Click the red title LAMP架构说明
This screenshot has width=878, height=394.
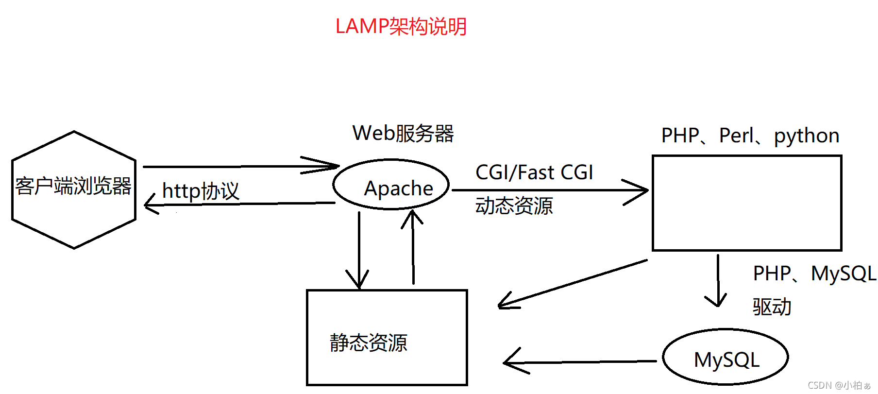[401, 26]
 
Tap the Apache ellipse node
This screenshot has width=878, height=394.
[391, 185]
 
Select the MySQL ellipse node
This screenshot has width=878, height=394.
[726, 358]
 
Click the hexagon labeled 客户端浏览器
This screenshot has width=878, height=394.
[74, 189]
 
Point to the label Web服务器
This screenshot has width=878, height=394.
[403, 133]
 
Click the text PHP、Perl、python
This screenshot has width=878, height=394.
[750, 136]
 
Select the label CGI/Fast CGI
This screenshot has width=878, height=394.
[534, 172]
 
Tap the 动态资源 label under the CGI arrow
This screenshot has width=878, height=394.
[514, 206]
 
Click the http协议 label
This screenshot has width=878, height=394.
[201, 191]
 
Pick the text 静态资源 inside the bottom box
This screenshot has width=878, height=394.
[368, 343]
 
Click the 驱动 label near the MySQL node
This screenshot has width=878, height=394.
[772, 307]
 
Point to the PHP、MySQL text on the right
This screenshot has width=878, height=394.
[814, 274]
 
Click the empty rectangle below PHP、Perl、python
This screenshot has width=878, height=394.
[746, 203]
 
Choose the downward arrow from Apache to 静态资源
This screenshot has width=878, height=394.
[359, 253]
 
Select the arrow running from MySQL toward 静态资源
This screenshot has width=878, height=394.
[578, 362]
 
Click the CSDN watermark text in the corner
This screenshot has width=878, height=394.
[839, 385]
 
